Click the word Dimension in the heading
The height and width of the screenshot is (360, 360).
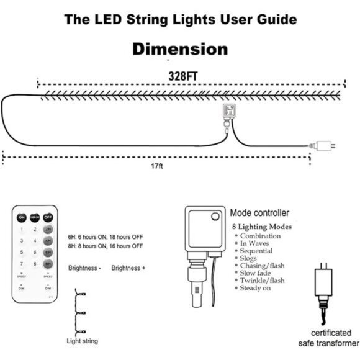click(x=180, y=49)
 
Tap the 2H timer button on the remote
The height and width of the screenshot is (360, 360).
click(x=48, y=229)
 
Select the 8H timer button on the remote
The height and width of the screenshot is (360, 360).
click(x=48, y=264)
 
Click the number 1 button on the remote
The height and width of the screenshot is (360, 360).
click(x=22, y=229)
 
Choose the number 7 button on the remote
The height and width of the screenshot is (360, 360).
click(x=22, y=253)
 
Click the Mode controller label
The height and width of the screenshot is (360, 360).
click(x=259, y=212)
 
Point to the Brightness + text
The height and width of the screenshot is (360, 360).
click(x=128, y=268)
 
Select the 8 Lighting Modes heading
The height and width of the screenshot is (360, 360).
click(x=261, y=227)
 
